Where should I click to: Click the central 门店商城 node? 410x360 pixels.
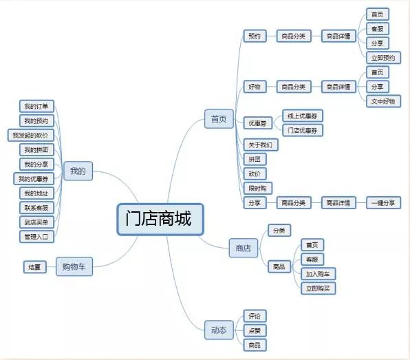click(x=160, y=220)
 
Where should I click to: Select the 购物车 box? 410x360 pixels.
click(x=74, y=266)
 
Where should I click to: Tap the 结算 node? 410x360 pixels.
click(x=35, y=267)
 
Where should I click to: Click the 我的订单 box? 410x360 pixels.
click(x=36, y=106)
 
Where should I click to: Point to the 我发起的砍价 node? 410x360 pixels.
click(x=31, y=136)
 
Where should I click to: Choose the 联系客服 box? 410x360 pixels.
click(x=36, y=208)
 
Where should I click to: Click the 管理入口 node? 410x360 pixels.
click(x=36, y=237)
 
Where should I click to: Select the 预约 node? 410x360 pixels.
click(x=255, y=36)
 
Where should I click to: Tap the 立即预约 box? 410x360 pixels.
click(x=383, y=58)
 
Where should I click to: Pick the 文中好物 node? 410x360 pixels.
click(x=383, y=101)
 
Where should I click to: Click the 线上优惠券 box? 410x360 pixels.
click(x=303, y=116)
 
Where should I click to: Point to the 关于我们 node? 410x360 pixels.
click(x=261, y=145)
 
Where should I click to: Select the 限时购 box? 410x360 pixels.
click(x=258, y=188)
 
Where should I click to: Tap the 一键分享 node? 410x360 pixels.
click(x=383, y=203)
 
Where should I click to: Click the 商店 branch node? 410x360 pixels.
click(x=244, y=248)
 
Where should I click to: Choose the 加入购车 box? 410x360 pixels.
click(x=318, y=274)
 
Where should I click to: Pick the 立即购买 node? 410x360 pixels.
click(x=318, y=288)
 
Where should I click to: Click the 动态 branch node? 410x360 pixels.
click(x=219, y=330)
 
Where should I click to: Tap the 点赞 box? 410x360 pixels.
click(x=255, y=330)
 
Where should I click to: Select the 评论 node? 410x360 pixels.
click(x=255, y=316)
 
